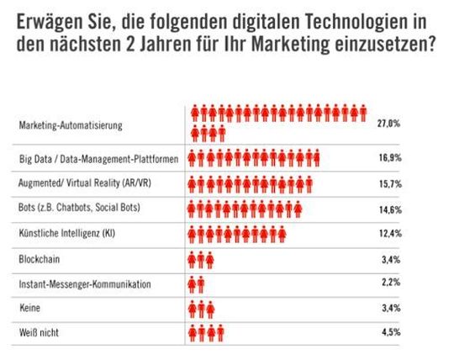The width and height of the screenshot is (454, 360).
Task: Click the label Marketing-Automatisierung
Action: [71, 125]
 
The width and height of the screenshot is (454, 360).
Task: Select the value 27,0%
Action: [388, 123]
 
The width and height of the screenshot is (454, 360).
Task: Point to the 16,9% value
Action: [388, 158]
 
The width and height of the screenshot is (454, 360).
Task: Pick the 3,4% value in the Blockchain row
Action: [390, 259]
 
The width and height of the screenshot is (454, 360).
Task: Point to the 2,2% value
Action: [390, 284]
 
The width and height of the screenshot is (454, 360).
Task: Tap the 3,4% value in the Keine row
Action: [390, 309]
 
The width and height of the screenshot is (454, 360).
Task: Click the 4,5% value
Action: [390, 334]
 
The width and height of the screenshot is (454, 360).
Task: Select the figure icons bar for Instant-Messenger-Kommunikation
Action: [196, 284]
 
